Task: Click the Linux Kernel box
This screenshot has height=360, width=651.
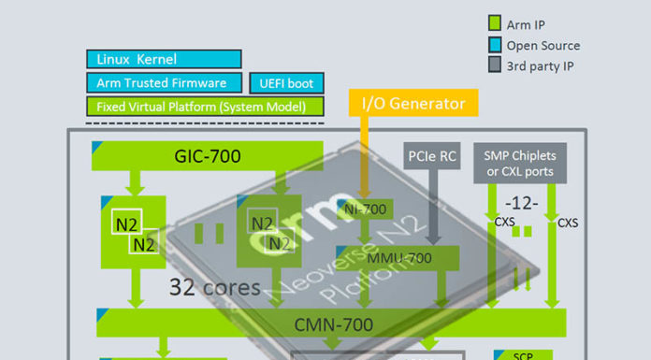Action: pos(164,60)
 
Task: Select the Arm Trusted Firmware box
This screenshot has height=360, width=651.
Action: pos(164,83)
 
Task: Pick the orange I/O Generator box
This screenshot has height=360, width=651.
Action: pos(412,104)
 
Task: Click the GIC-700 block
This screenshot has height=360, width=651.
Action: pos(207,155)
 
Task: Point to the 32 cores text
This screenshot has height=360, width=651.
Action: pos(214,287)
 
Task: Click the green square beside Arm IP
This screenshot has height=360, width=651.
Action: pos(497,23)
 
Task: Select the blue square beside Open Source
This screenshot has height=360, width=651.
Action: pos(497,45)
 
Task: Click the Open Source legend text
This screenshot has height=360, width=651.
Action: pos(543,45)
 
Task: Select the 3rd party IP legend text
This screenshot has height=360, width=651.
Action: pos(543,66)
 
